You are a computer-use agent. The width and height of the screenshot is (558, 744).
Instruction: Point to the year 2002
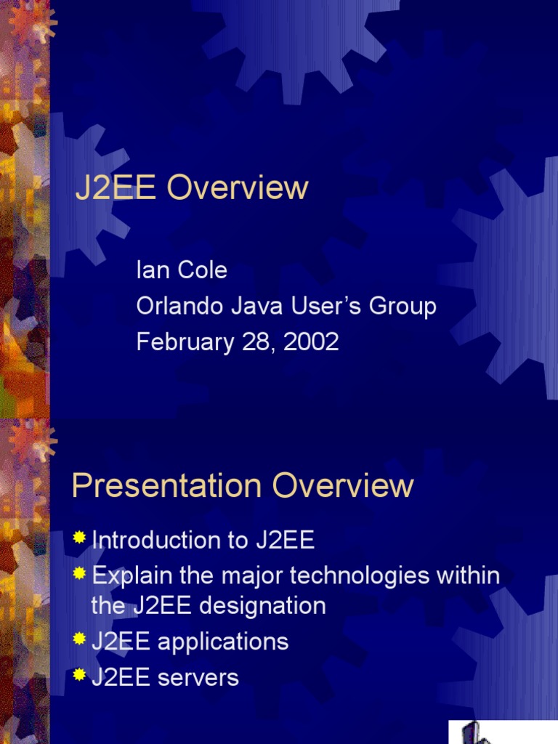312,341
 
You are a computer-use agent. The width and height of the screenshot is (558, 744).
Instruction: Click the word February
179,342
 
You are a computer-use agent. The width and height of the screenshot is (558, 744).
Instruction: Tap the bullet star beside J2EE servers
79,676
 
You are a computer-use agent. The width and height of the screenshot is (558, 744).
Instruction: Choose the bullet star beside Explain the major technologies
79,574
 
